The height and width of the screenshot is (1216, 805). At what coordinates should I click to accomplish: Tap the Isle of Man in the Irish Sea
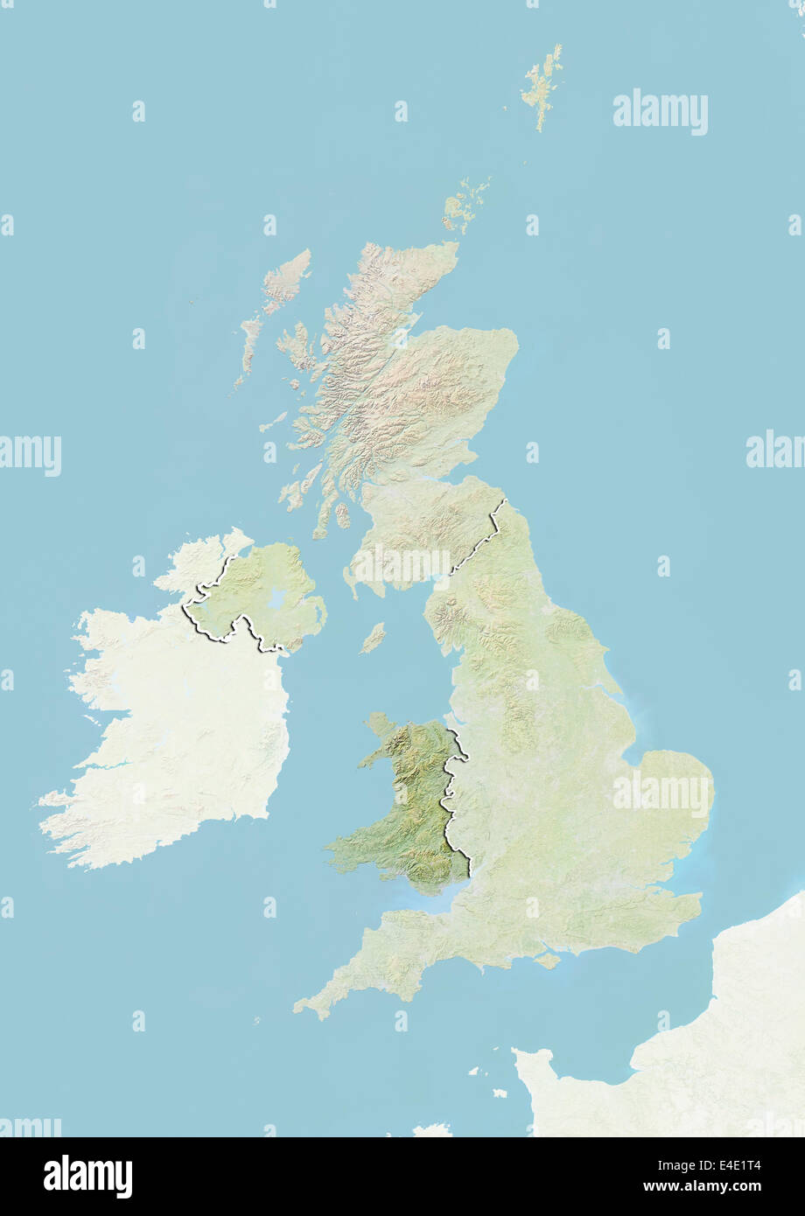(373, 638)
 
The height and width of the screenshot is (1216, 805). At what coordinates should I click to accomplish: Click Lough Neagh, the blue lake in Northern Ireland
(278, 599)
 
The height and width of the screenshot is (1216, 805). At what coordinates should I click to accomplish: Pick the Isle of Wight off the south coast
(547, 961)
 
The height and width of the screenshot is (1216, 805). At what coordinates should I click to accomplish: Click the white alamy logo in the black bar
(87, 1177)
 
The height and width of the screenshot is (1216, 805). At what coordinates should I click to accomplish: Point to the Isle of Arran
(343, 515)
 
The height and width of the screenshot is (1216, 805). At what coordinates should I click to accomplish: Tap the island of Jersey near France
(499, 1093)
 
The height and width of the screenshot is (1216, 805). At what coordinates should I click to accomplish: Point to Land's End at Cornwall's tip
(298, 1009)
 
